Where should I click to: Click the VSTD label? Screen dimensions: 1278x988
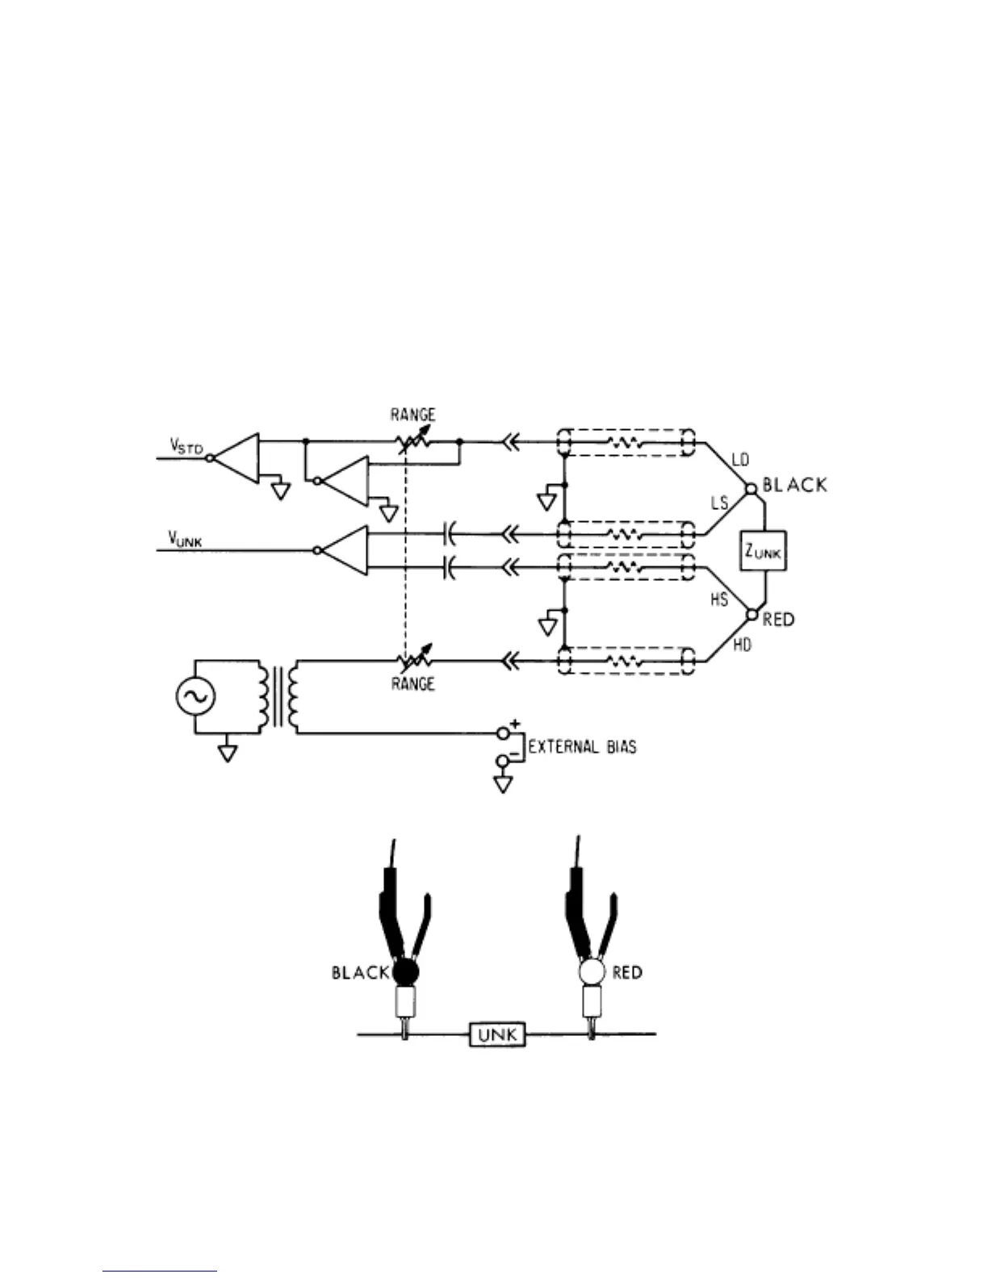pos(186,445)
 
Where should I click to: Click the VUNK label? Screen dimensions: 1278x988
pos(185,539)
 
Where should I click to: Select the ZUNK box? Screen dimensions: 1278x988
pos(763,552)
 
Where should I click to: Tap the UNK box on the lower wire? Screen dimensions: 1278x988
pos(497,1034)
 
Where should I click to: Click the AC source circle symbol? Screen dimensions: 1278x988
pos(195,697)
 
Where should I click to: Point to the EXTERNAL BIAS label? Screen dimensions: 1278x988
pos(582,746)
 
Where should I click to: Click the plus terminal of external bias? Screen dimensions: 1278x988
pos(504,733)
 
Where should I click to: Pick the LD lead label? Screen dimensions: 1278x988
pos(739,460)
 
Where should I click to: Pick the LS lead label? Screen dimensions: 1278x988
pos(719,503)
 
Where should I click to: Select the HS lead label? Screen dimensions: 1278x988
pos(718,599)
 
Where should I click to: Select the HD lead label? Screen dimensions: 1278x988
pos(741,644)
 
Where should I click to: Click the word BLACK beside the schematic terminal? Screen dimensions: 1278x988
pos(795,485)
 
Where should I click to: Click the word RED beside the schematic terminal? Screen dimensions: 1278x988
pos(779,620)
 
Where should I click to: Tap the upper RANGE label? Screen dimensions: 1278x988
pos(412,415)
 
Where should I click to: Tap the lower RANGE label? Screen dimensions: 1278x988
pos(412,684)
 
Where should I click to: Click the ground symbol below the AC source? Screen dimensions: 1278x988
pos(228,754)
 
